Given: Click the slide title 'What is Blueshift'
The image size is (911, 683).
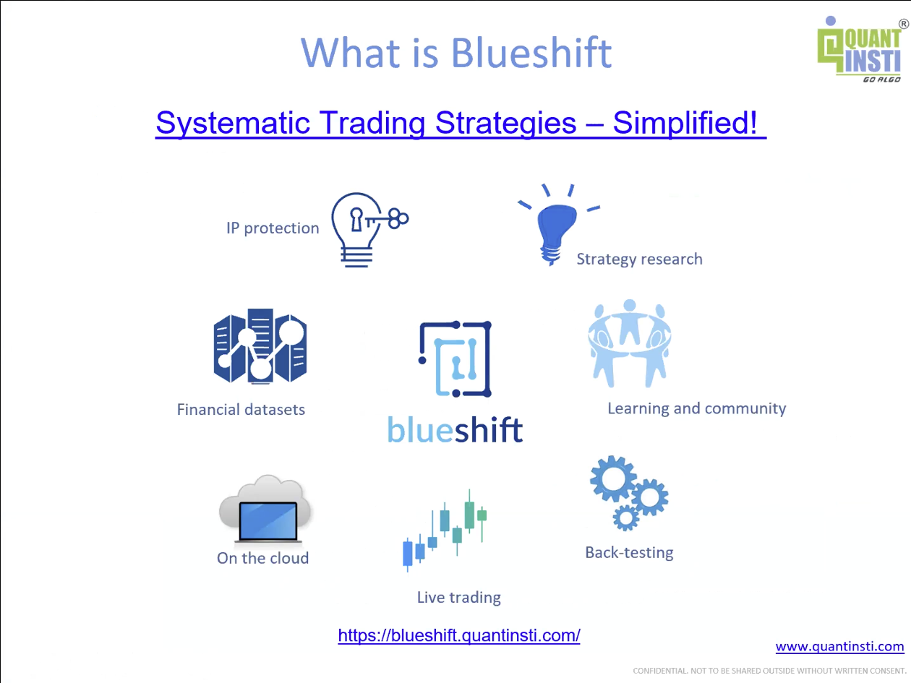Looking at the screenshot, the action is (x=456, y=53).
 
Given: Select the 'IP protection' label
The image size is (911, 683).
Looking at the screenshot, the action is (x=273, y=228).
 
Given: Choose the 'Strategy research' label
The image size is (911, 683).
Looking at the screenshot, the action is (x=640, y=259).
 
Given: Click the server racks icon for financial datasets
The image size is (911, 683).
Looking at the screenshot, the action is (x=260, y=346).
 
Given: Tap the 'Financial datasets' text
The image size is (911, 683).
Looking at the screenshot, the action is (x=241, y=410).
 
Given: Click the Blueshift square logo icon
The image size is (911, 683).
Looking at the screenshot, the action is (x=455, y=359).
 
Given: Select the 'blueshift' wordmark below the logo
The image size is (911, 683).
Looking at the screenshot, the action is (x=455, y=429).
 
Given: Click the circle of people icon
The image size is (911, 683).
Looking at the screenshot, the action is (x=630, y=344).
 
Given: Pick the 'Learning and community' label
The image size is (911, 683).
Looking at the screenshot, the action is (x=697, y=408).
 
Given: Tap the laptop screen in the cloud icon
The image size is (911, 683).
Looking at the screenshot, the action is (x=268, y=521).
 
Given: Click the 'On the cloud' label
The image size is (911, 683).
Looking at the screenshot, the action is (x=262, y=558).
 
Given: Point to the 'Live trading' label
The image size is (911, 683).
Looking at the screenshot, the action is (x=459, y=598).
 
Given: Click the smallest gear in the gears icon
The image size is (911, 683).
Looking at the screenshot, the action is (x=626, y=517).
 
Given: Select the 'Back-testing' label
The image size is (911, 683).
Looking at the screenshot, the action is (x=629, y=553).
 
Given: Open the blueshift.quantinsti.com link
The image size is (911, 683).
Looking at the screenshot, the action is (x=459, y=635).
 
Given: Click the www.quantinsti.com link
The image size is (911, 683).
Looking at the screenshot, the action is (x=839, y=647).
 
